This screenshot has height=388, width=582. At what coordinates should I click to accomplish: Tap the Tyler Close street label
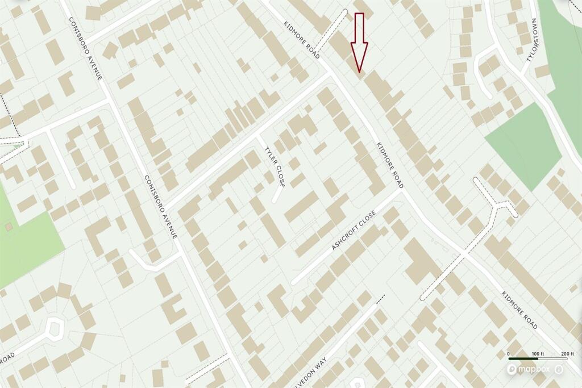[x=274, y=166]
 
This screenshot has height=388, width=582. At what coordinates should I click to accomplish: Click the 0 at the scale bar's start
[x=509, y=353]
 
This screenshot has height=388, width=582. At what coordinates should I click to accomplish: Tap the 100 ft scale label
[x=537, y=353]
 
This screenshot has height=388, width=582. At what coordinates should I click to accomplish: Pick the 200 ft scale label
[x=567, y=353]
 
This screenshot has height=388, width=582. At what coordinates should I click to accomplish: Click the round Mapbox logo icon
[x=513, y=369]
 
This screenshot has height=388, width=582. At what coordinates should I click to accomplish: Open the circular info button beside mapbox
[x=559, y=369]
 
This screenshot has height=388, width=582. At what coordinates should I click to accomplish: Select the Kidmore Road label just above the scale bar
[x=519, y=310]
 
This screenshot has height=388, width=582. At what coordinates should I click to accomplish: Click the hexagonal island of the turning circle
[x=55, y=329]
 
